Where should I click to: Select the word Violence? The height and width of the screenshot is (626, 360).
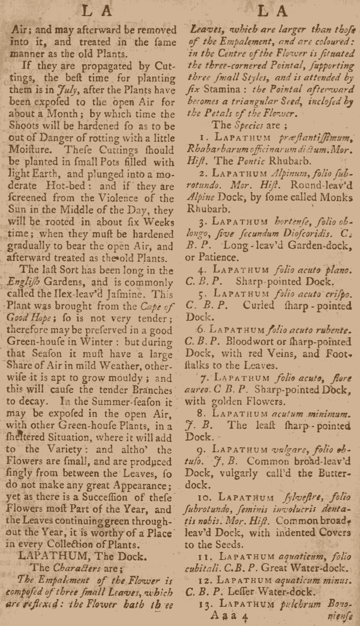click(x=118, y=198)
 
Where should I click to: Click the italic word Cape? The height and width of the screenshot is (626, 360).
click(x=152, y=307)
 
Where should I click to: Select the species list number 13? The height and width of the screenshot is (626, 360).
click(x=205, y=604)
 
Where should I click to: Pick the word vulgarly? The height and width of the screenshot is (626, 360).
click(x=230, y=473)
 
